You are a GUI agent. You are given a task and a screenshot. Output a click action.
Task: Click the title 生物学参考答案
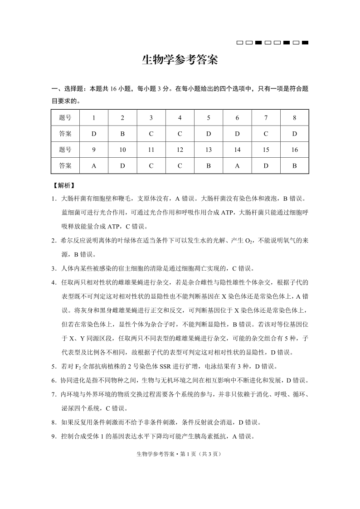point(180,60)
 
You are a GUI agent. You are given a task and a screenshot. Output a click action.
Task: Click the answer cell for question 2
point(122,134)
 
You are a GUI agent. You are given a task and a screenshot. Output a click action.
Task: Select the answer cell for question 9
point(94,165)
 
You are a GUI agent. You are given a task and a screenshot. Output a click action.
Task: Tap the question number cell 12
point(180,150)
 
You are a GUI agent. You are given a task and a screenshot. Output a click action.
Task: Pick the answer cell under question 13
point(209,165)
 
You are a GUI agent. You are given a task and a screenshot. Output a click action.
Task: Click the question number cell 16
point(294,150)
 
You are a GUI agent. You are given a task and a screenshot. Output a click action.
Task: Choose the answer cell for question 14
point(237,165)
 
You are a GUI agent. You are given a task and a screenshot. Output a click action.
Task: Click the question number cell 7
point(266,118)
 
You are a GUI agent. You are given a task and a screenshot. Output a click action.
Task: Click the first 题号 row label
point(65,118)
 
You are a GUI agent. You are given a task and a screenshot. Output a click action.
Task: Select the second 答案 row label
point(65,165)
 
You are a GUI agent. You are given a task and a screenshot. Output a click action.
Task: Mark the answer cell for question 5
point(209,134)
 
